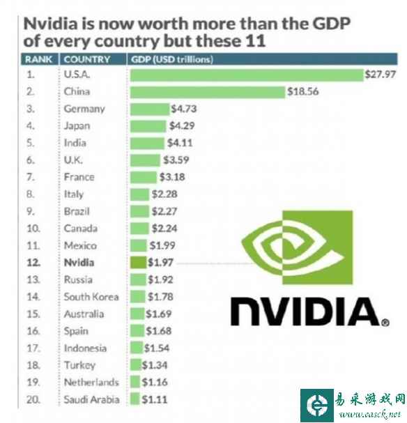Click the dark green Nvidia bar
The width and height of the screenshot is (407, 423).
pyautogui.click(x=138, y=263)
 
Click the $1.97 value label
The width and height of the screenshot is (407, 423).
pyautogui.click(x=160, y=263)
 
